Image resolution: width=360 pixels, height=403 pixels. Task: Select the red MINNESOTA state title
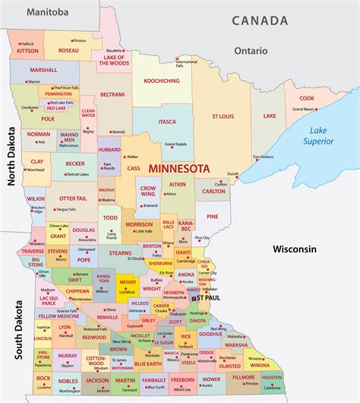(182, 167)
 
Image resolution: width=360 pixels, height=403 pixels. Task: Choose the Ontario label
(251, 51)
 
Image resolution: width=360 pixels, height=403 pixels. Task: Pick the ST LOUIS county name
(223, 116)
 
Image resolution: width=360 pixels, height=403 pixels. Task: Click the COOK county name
(306, 98)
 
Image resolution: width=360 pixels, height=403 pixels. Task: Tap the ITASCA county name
(167, 121)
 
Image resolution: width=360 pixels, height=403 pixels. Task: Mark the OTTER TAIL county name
(73, 198)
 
